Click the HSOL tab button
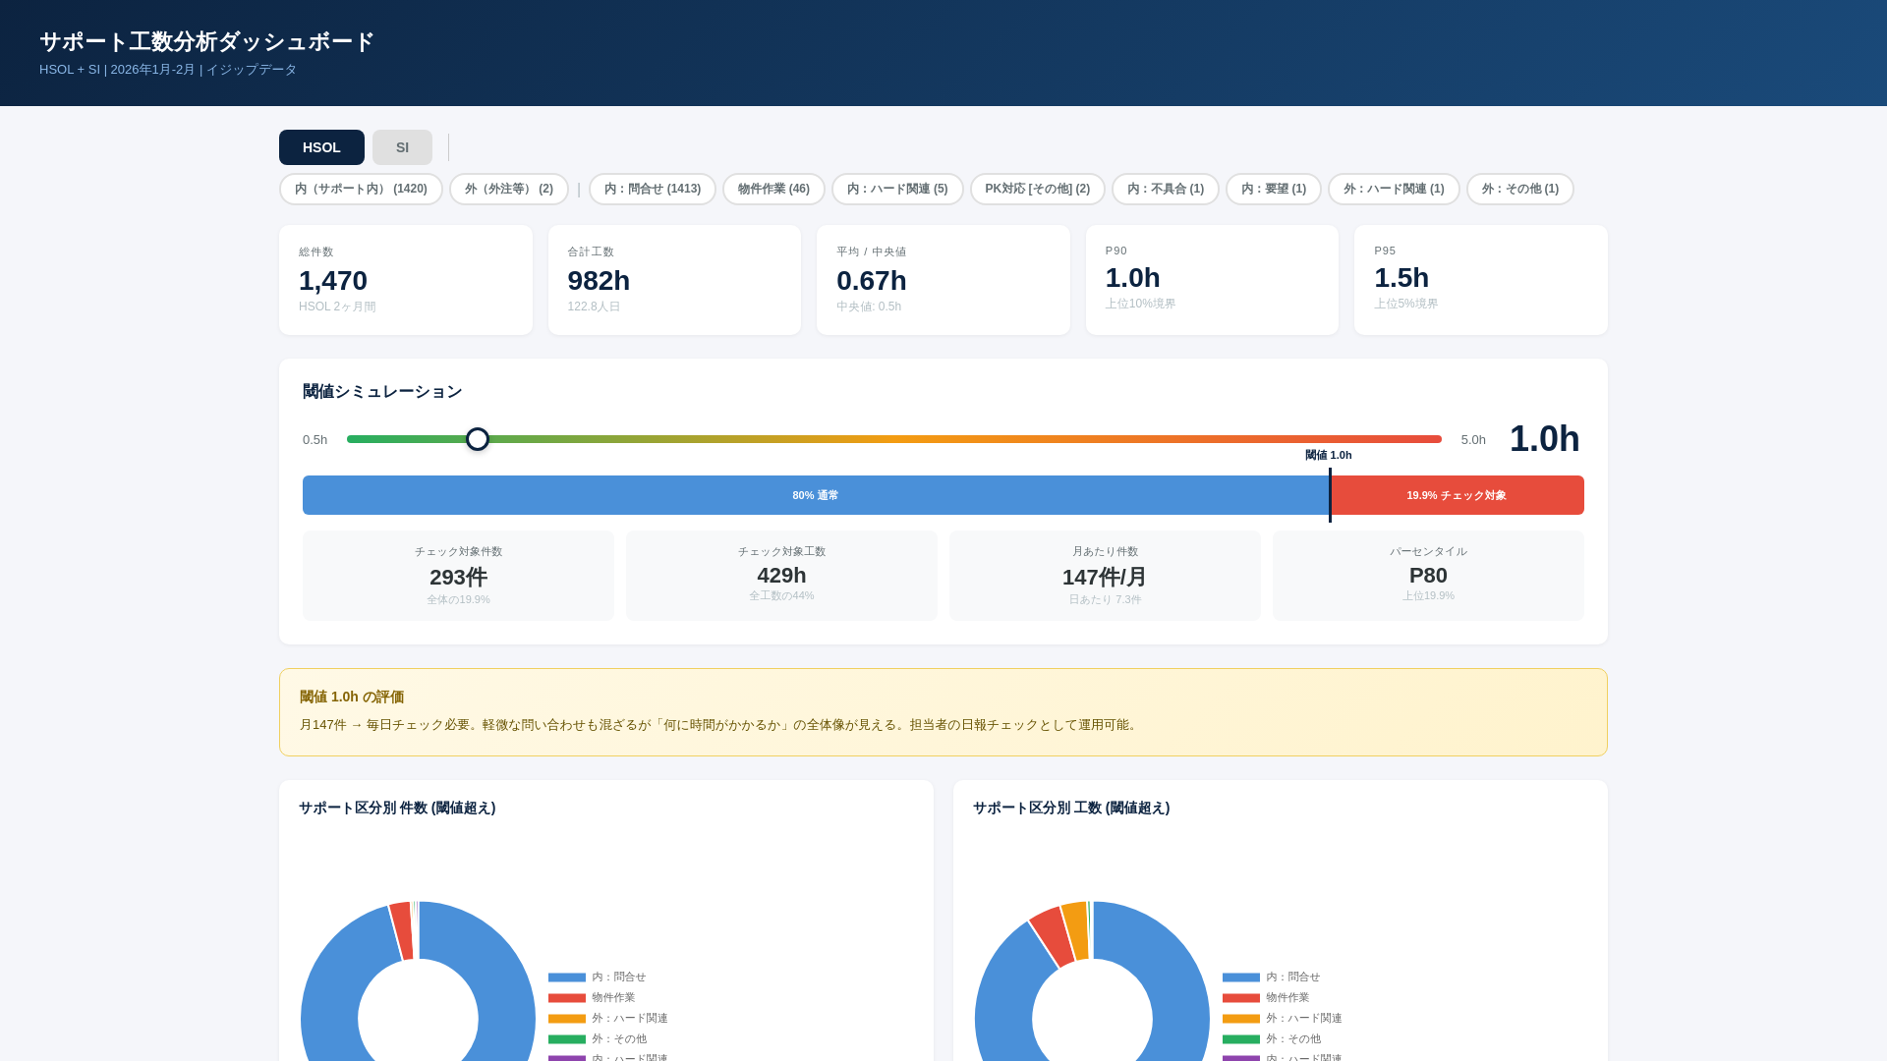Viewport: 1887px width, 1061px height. pyautogui.click(x=321, y=147)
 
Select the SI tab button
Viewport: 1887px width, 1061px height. pyautogui.click(x=402, y=147)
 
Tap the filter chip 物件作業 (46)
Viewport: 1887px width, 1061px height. pyautogui.click(x=773, y=189)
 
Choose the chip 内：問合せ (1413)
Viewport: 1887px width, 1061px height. pyautogui.click(x=652, y=189)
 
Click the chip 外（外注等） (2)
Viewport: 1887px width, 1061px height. pyautogui.click(x=508, y=189)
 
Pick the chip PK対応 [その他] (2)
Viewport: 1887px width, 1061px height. pyautogui.click(x=1037, y=189)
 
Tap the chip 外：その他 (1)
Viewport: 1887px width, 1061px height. pyautogui.click(x=1519, y=189)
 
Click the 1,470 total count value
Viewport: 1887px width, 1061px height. pyautogui.click(x=333, y=281)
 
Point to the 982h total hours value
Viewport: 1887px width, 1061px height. pyautogui.click(x=599, y=281)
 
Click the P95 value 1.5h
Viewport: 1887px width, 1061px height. pyautogui.click(x=1401, y=278)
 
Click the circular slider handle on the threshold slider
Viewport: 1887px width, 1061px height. pyautogui.click(x=478, y=439)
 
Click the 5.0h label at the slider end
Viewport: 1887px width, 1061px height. pyautogui.click(x=1472, y=440)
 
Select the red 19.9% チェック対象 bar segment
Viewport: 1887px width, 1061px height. pyautogui.click(x=1457, y=495)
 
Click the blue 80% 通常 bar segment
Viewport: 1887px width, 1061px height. pyautogui.click(x=815, y=495)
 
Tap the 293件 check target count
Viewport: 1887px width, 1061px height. pyautogui.click(x=458, y=577)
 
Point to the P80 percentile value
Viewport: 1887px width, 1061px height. pyautogui.click(x=1427, y=576)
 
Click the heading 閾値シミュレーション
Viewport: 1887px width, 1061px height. pyautogui.click(x=382, y=392)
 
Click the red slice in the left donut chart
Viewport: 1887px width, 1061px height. pyautogui.click(x=402, y=930)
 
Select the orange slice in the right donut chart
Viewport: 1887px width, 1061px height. pyautogui.click(x=1075, y=929)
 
